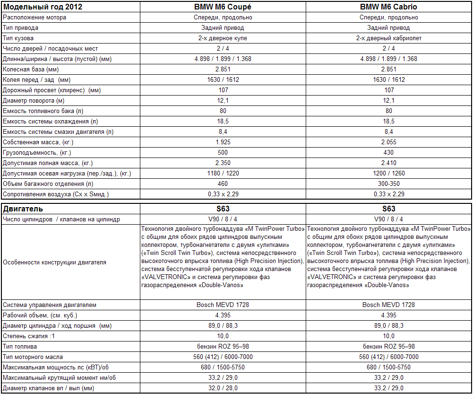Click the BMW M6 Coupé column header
coord(223,7)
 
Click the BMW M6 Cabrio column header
coord(388,7)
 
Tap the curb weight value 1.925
coord(223,142)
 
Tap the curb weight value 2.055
coord(388,142)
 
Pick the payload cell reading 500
coord(223,153)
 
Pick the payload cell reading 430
coord(388,153)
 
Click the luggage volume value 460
coord(223,184)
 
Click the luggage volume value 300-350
coord(388,184)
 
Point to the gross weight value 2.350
coord(223,163)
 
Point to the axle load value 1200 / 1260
coord(388,173)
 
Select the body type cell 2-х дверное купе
coord(223,38)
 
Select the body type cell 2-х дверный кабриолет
coord(388,38)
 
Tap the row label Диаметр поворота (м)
coord(34,101)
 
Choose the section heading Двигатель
coord(23,209)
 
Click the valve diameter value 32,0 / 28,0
coord(223,388)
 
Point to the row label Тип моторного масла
coord(33,357)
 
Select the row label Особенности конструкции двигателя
coord(54,263)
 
